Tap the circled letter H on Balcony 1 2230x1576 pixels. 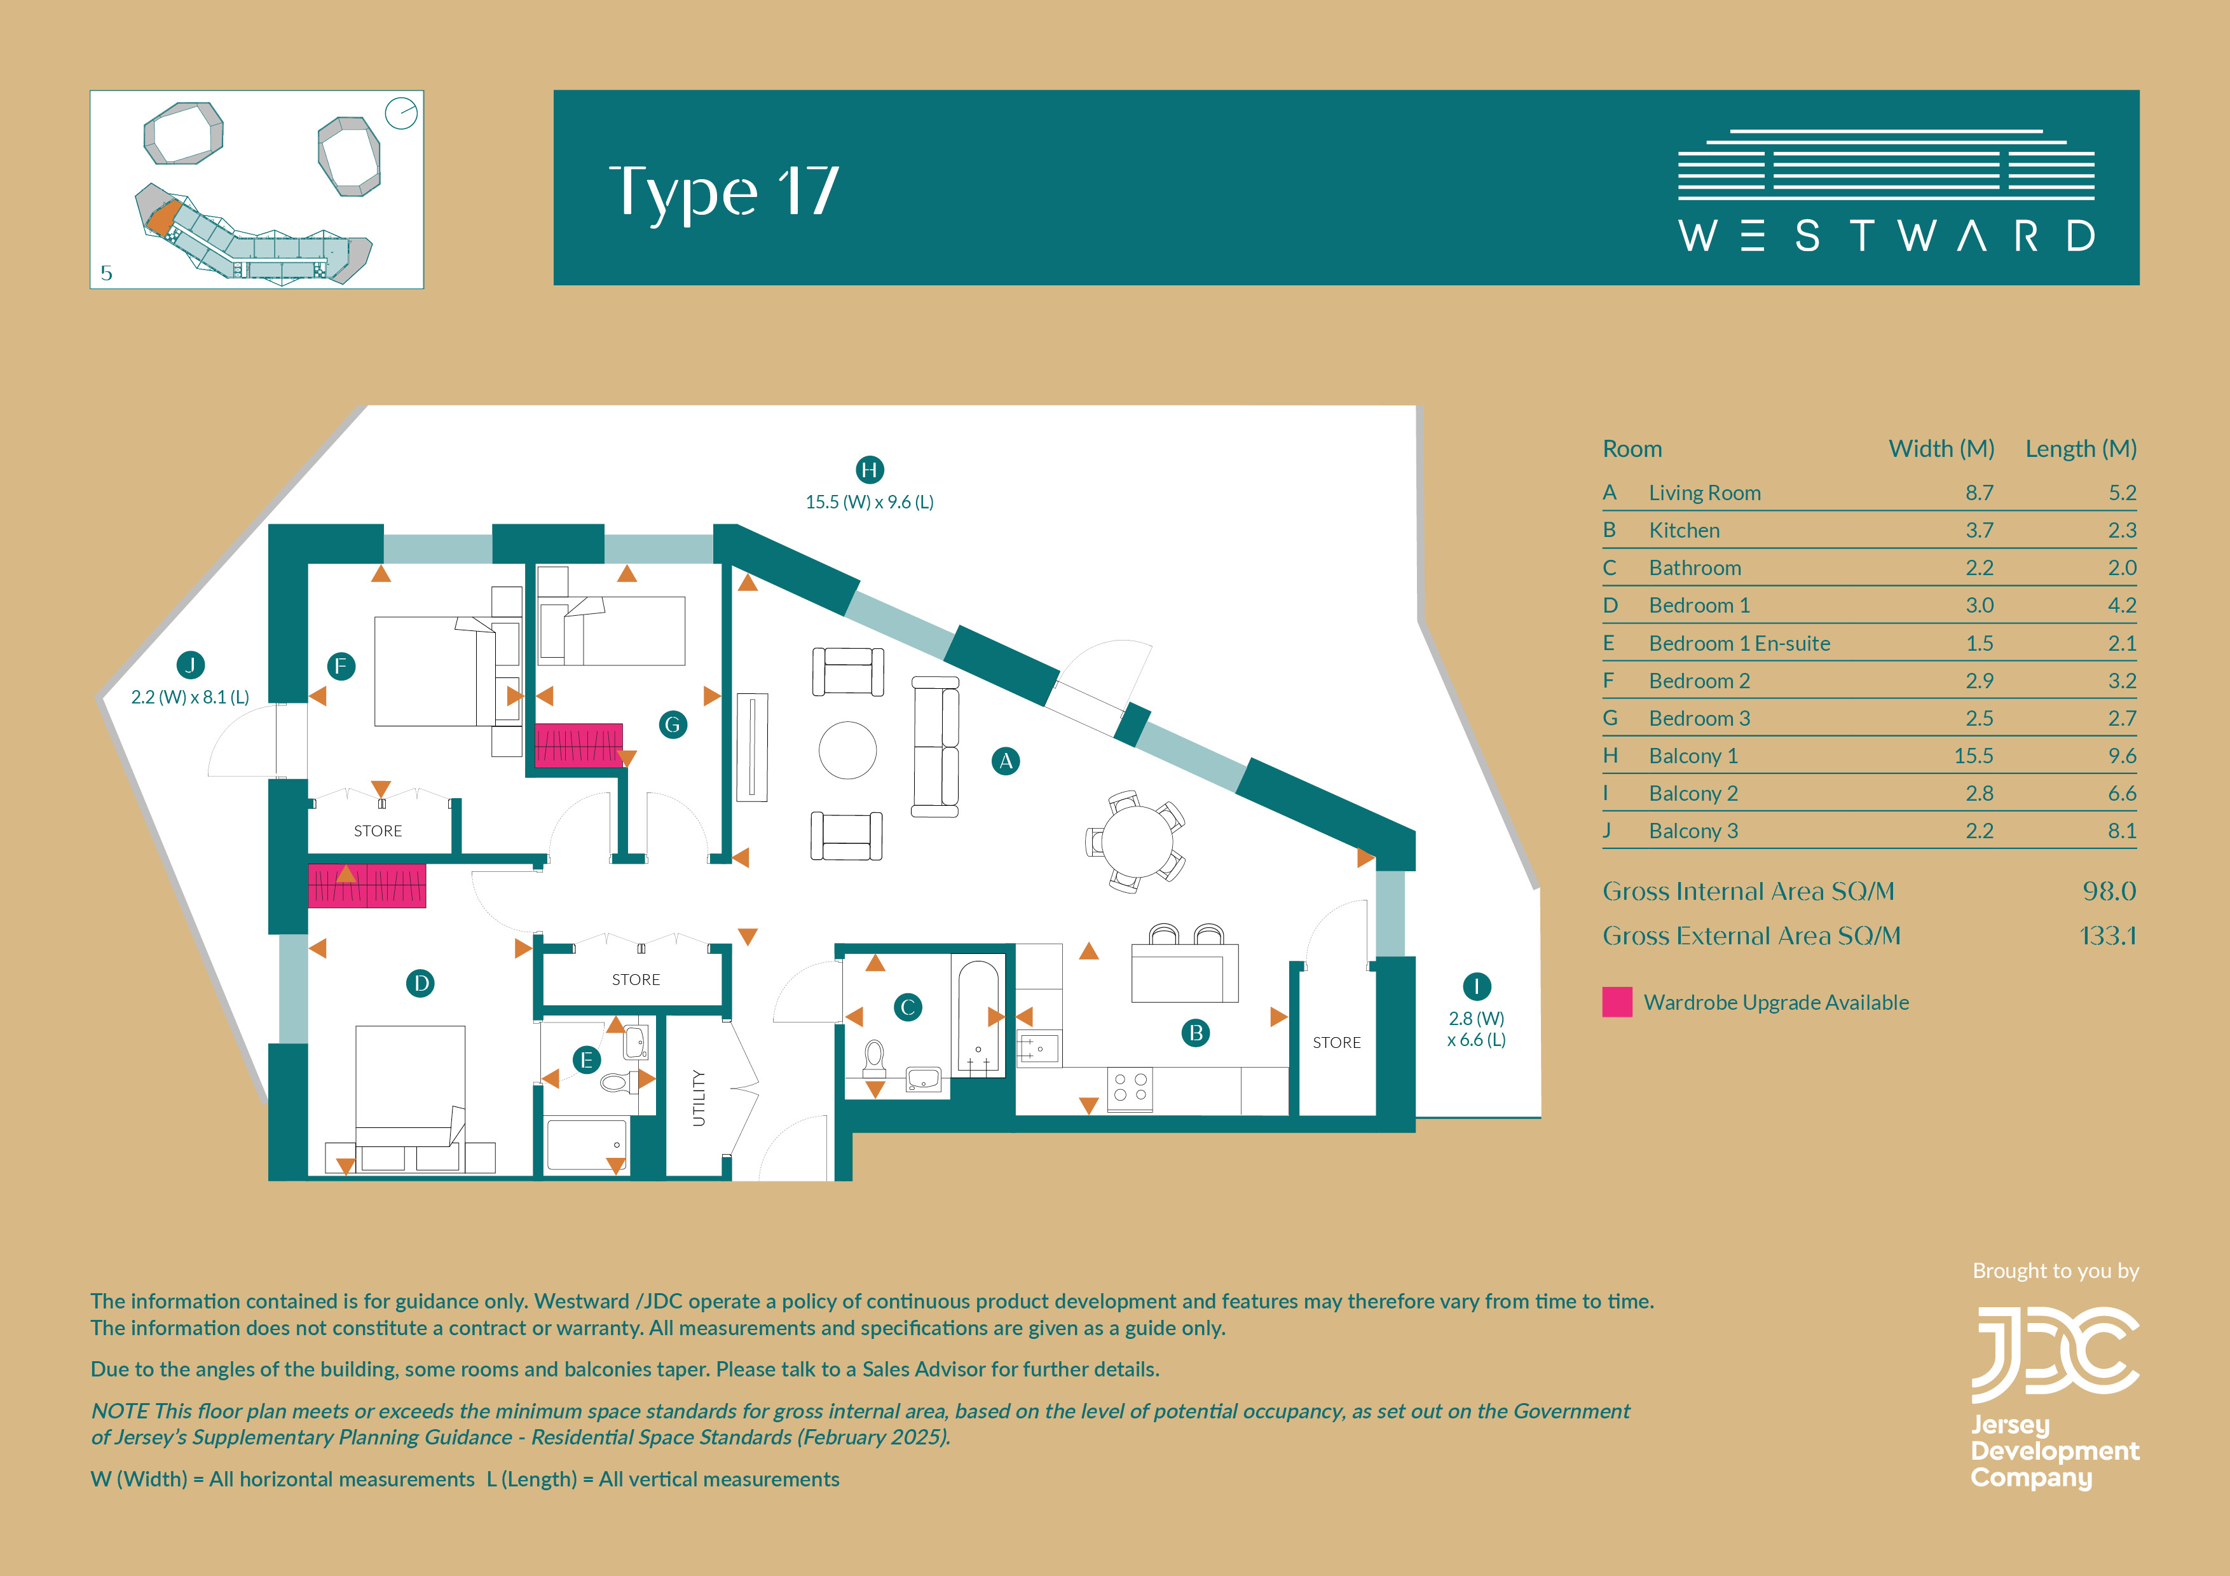click(x=869, y=470)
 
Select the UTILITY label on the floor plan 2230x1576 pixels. click(x=699, y=1097)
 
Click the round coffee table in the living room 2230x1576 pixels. click(x=848, y=751)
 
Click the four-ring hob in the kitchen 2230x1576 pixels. click(x=1130, y=1087)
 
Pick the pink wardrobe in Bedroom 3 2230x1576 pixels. click(x=579, y=745)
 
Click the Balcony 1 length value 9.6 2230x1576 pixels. click(x=2121, y=756)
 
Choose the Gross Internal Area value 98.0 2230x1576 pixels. click(x=2109, y=890)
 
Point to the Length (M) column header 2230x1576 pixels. click(x=2081, y=449)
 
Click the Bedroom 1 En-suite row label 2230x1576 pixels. click(x=1739, y=643)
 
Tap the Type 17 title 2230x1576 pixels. click(x=723, y=191)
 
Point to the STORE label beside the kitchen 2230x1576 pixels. click(x=1336, y=1042)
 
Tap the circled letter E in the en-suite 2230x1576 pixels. click(x=585, y=1059)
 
